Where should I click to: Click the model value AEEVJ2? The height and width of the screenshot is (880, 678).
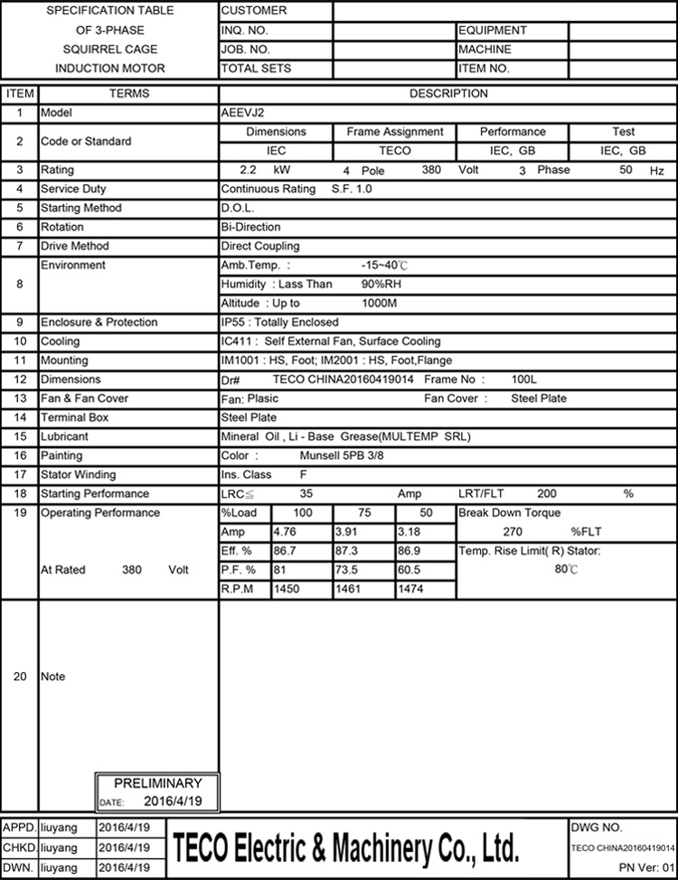click(x=239, y=114)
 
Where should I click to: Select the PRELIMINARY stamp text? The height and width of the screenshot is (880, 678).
click(x=158, y=783)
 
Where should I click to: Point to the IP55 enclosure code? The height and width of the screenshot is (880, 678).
click(x=233, y=323)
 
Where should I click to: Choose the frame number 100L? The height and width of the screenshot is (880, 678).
click(x=524, y=379)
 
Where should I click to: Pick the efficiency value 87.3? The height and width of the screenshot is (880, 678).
click(x=347, y=551)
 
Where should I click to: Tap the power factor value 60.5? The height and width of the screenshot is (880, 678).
click(x=410, y=570)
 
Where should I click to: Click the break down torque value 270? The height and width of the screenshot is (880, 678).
click(x=513, y=532)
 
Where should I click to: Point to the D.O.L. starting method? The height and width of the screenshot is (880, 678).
click(x=238, y=209)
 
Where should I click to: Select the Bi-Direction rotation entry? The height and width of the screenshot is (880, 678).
click(x=250, y=228)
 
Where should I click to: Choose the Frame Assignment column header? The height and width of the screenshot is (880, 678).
click(x=395, y=132)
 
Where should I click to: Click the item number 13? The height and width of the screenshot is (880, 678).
click(x=19, y=398)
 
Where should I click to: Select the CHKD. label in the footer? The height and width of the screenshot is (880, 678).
click(x=20, y=847)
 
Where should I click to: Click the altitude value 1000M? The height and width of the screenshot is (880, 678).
click(x=380, y=304)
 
